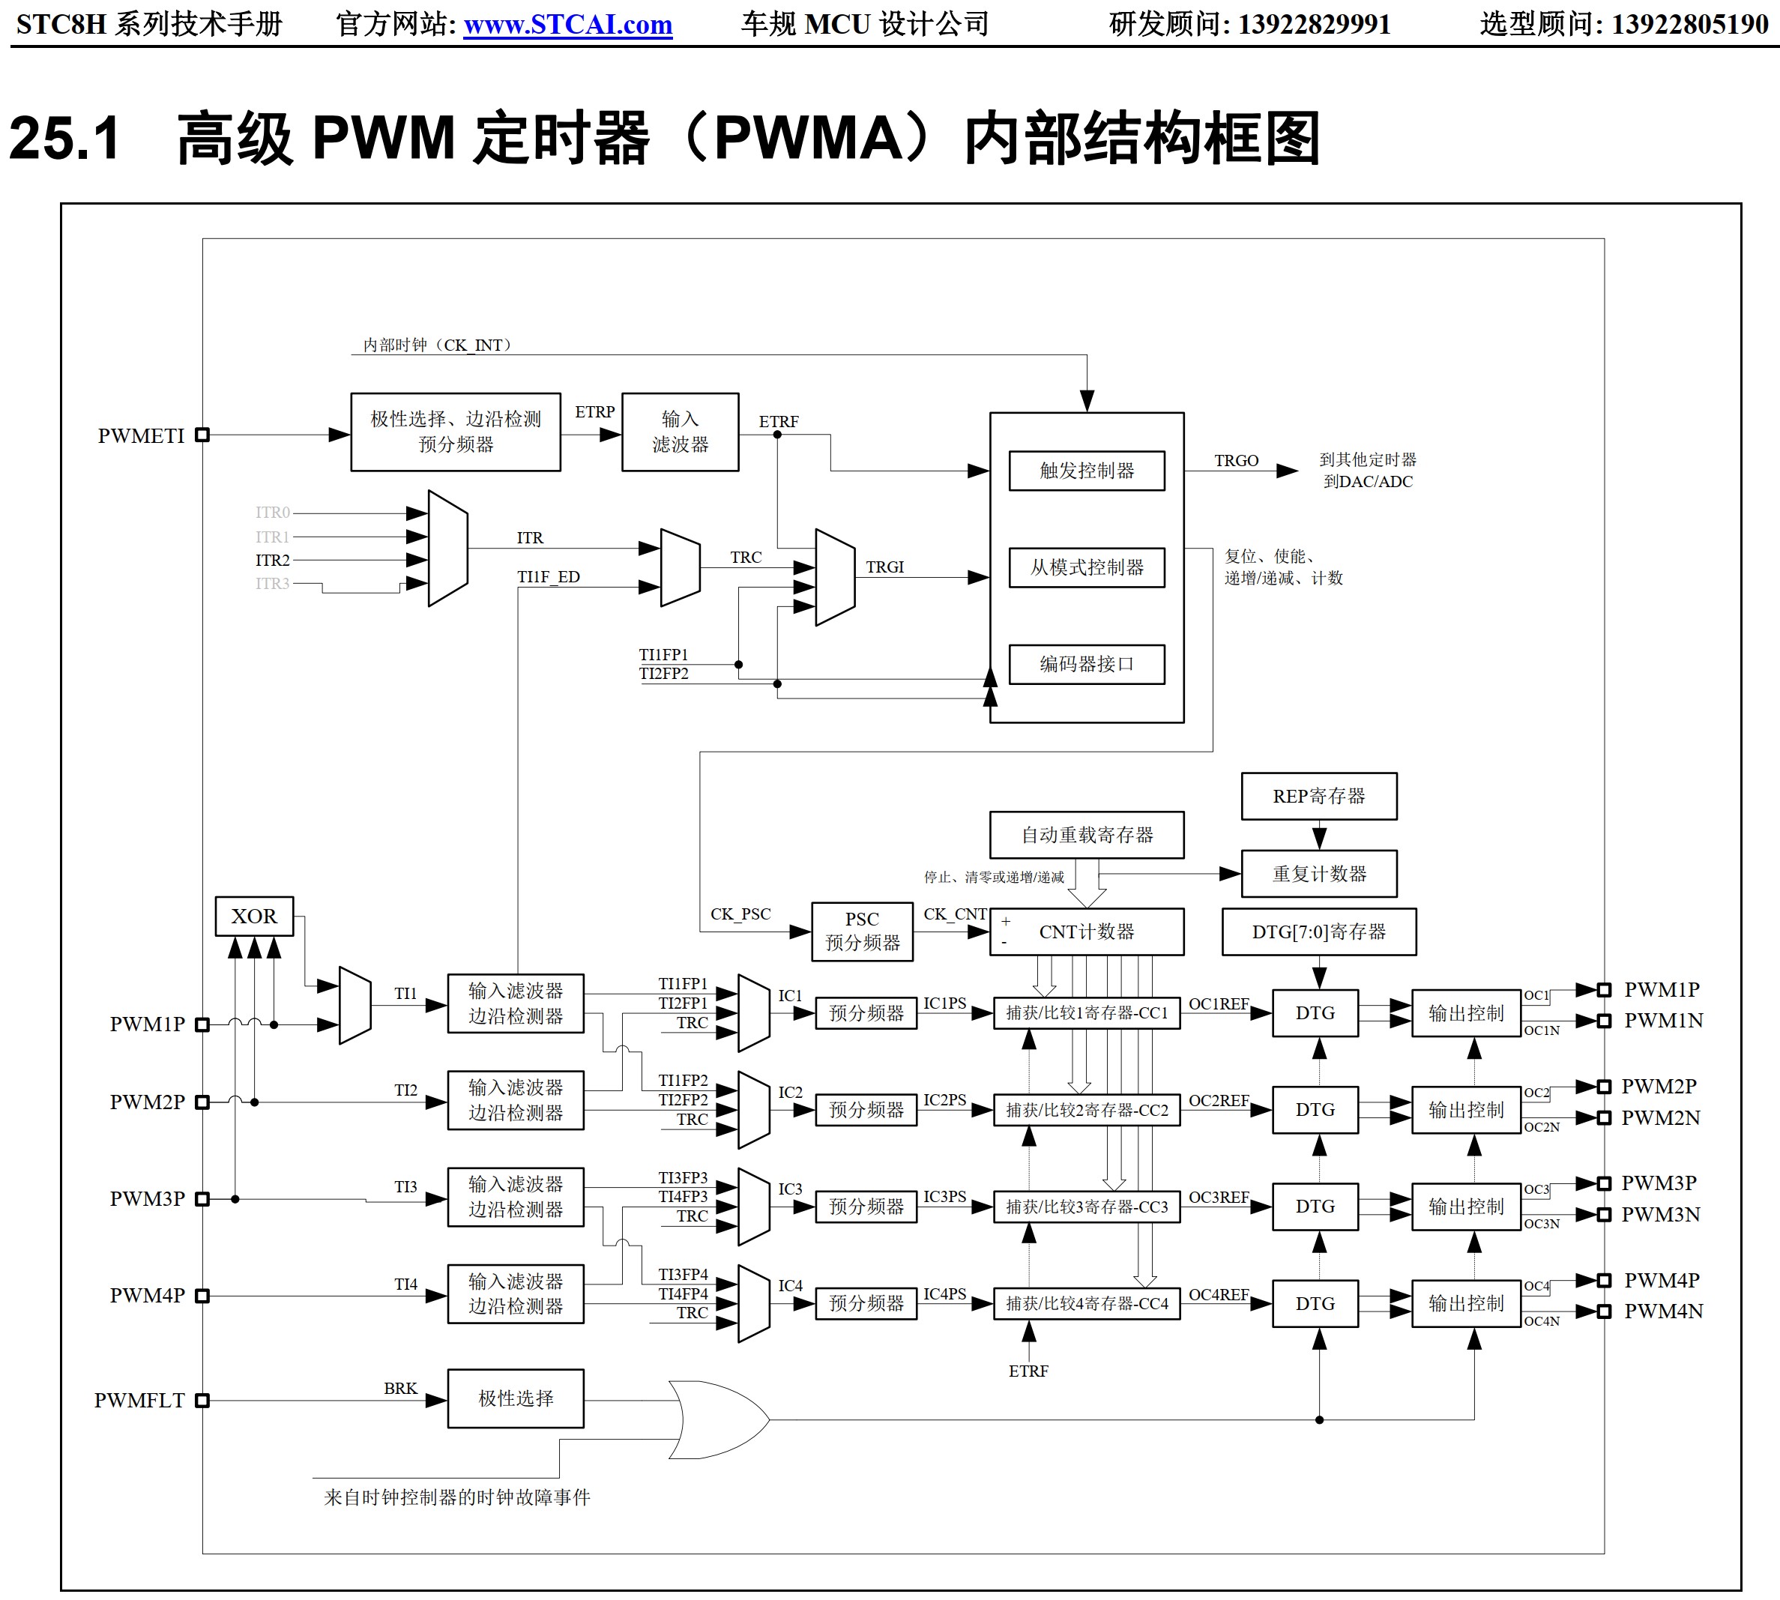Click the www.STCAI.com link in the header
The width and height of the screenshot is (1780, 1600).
[568, 25]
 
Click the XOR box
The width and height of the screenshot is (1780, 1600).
[254, 916]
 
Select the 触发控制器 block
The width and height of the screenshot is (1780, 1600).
[1087, 471]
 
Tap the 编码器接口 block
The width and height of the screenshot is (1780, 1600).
[1087, 664]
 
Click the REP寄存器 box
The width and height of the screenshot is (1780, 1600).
[1318, 796]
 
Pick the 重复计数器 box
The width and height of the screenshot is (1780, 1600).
[1318, 873]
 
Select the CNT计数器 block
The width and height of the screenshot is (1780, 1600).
[1087, 931]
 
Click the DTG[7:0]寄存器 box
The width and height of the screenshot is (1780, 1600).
[1318, 931]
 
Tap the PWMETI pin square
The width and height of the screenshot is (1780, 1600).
[202, 435]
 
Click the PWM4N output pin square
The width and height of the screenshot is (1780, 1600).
[1604, 1311]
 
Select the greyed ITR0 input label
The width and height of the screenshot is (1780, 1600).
[273, 512]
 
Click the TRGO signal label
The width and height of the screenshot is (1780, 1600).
[1236, 460]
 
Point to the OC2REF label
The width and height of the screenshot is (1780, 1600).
[1219, 1100]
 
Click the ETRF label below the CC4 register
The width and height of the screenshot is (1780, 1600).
[1028, 1371]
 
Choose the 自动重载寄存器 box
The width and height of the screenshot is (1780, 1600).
[1087, 834]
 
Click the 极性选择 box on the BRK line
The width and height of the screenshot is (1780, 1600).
[515, 1398]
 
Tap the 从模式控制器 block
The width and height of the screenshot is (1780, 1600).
[1087, 567]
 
